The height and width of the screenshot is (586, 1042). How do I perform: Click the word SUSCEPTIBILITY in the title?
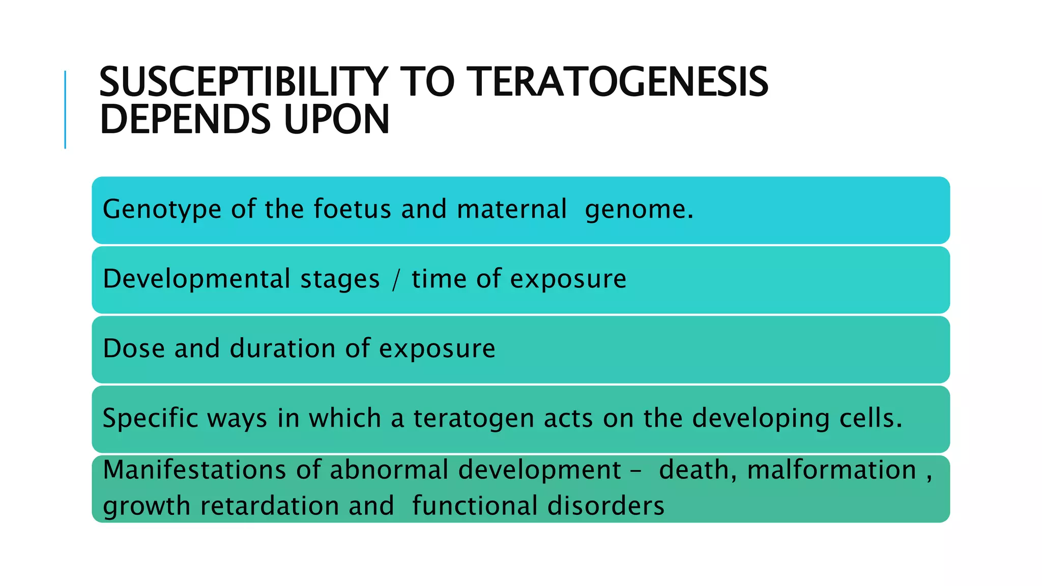tap(243, 82)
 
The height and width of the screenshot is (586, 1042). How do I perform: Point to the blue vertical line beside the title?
tap(65, 109)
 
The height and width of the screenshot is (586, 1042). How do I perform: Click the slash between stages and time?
tap(396, 280)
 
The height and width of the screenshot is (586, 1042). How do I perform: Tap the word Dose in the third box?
tap(134, 348)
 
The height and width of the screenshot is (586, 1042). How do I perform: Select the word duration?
tap(282, 348)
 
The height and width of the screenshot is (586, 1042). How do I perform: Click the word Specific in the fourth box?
tap(150, 419)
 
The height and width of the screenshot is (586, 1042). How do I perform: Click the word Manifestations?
tap(195, 470)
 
